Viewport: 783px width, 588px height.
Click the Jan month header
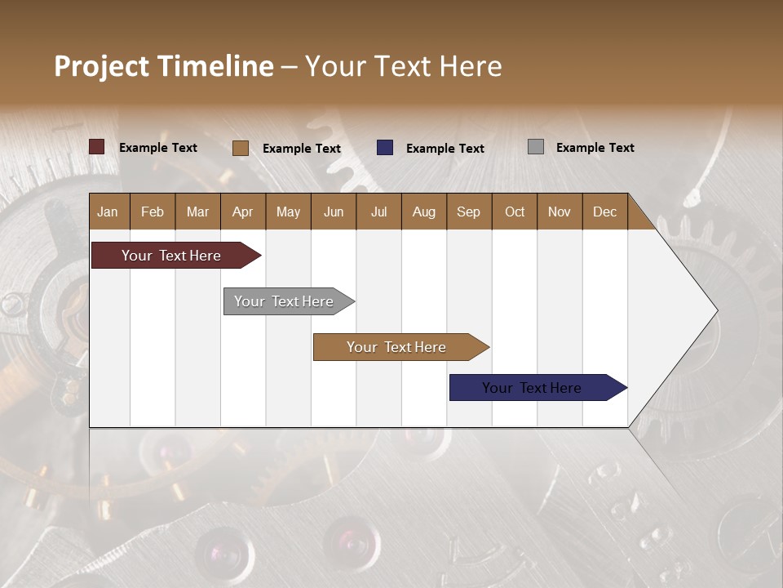108,212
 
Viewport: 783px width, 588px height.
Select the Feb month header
153,212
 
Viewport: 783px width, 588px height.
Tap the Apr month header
242,212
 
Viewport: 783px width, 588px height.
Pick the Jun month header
334,212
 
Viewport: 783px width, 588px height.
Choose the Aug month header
423,212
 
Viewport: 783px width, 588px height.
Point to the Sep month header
468,212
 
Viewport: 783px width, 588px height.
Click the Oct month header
515,212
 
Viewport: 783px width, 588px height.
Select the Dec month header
604,212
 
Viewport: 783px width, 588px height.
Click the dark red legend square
97,147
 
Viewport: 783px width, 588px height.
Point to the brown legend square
241,148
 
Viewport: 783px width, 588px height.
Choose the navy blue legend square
385,148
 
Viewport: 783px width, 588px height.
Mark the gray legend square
536,147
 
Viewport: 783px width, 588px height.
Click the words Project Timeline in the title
164,66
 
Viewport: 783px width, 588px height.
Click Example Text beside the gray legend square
595,148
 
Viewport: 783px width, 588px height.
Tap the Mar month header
197,212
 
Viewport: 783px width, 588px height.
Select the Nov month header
559,212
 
